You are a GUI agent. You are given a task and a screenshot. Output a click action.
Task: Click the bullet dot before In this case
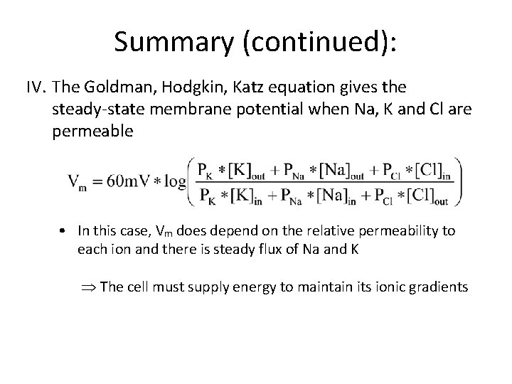63,230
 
